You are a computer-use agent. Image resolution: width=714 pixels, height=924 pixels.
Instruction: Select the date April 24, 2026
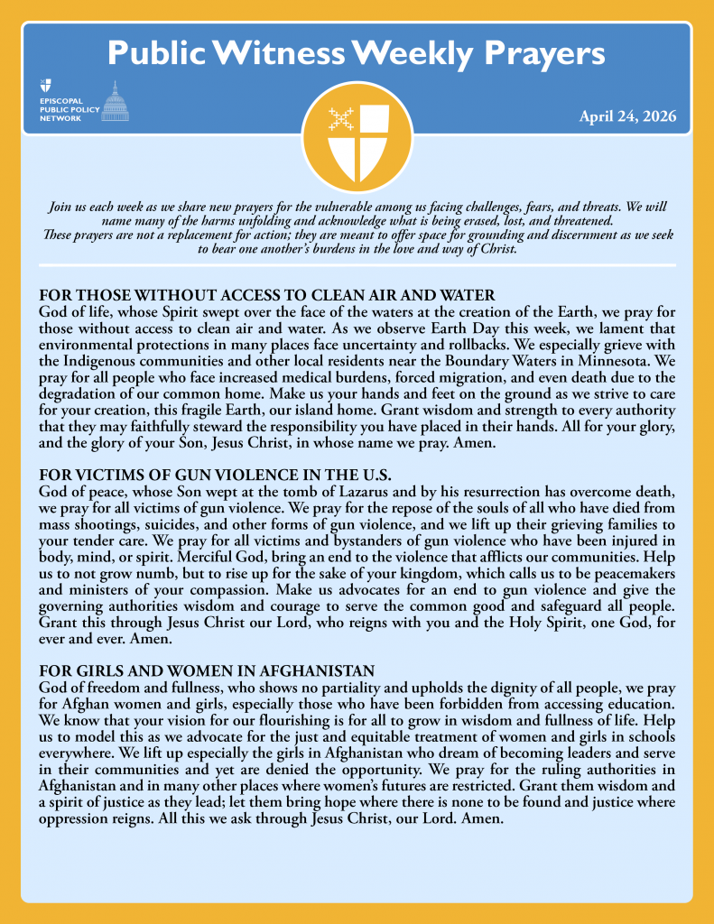[x=627, y=116]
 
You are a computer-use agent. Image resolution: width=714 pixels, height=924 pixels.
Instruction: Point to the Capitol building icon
[x=114, y=101]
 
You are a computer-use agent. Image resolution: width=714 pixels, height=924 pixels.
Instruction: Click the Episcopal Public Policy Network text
[x=61, y=105]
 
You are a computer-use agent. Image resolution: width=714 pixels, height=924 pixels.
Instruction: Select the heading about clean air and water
[x=267, y=295]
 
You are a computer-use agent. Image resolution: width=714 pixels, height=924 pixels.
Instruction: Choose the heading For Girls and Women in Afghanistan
[x=207, y=670]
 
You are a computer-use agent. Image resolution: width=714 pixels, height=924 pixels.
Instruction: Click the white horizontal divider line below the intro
[x=357, y=265]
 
